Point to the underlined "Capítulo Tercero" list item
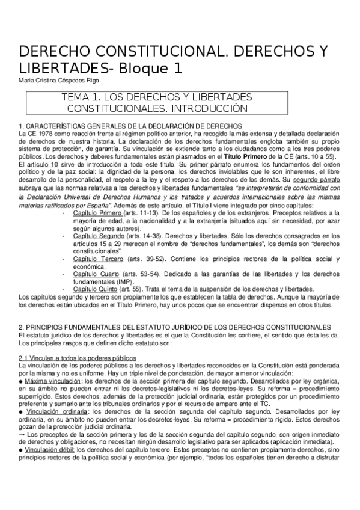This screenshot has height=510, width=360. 98,259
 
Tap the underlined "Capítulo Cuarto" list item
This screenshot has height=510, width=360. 97,274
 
